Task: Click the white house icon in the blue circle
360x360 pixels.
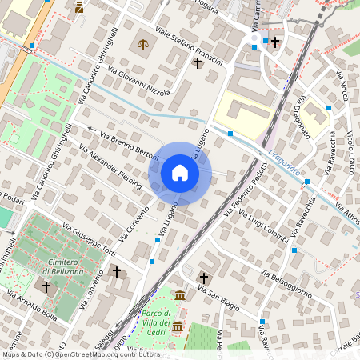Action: (180, 173)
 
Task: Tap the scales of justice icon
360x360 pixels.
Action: (143, 46)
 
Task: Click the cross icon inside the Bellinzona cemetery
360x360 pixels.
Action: (46, 286)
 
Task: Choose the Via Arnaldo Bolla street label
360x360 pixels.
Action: (32, 305)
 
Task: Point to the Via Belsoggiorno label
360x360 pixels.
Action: (286, 283)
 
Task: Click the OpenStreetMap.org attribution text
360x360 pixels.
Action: (104, 354)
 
